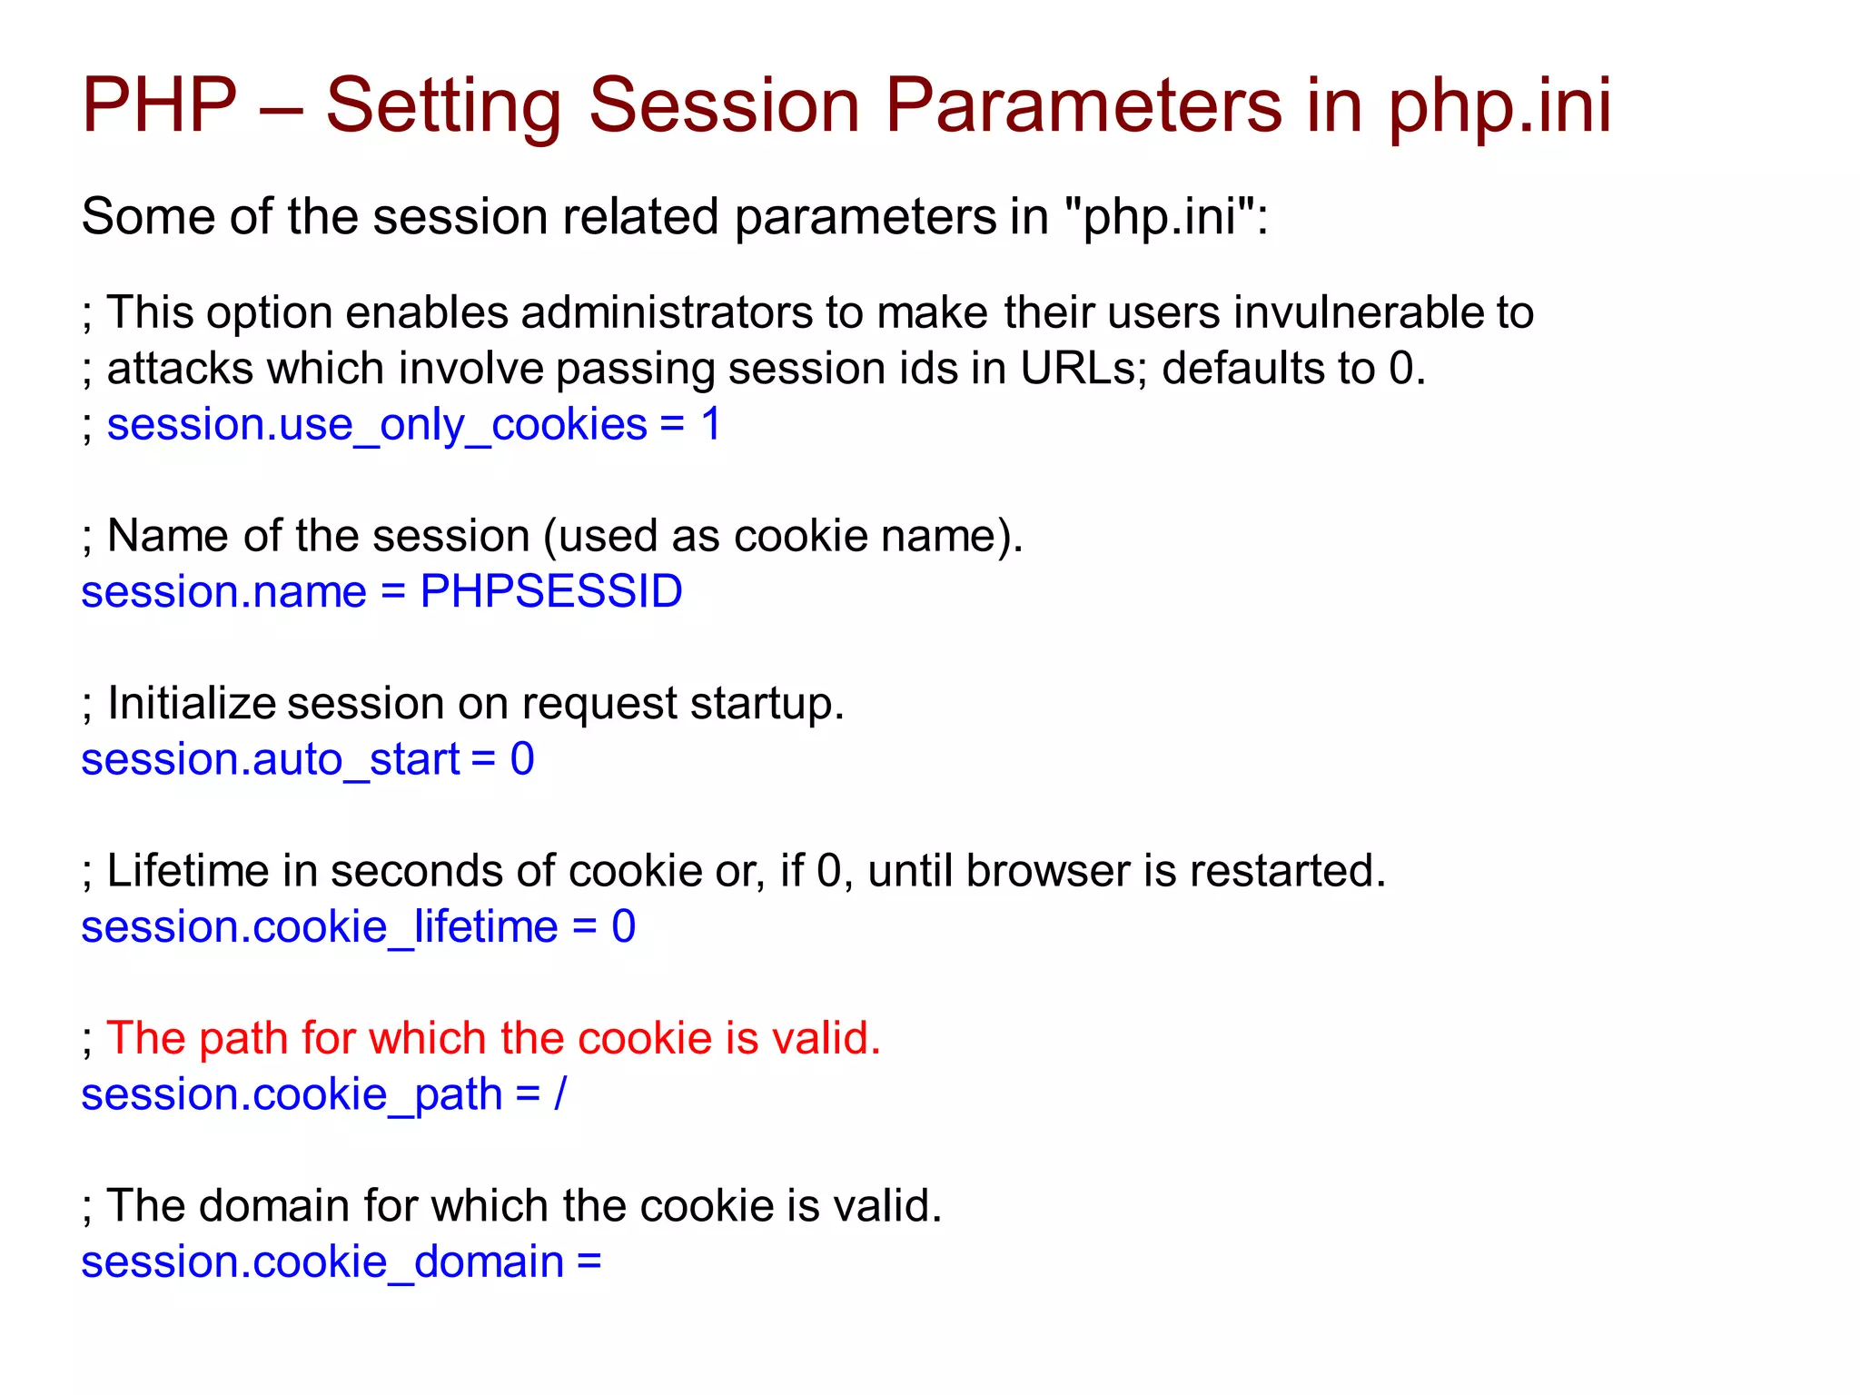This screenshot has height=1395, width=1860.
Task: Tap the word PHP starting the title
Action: (159, 105)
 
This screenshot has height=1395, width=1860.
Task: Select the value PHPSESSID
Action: (550, 592)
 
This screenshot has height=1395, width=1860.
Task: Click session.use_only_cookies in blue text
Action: (377, 425)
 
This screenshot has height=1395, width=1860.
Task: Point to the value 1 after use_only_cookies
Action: (711, 425)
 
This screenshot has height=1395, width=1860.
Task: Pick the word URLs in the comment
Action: (1078, 369)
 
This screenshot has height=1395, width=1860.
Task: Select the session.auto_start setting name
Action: (270, 759)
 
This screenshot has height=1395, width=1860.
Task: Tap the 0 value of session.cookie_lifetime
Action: (623, 927)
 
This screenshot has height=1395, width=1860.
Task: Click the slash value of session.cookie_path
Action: (560, 1094)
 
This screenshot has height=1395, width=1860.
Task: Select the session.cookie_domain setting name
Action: (322, 1262)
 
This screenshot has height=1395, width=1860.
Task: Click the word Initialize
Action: (191, 704)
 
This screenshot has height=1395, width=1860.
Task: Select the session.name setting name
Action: (223, 592)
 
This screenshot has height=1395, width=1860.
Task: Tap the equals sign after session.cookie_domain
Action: (589, 1262)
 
